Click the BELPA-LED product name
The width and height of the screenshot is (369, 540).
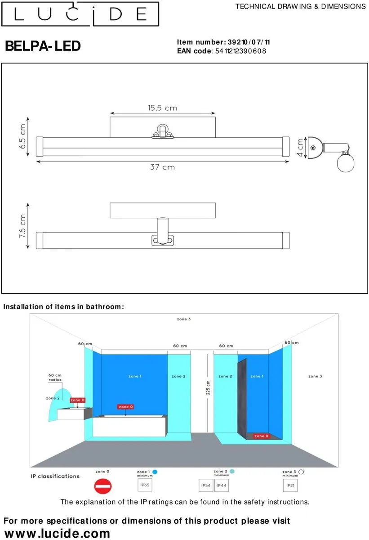pos(43,46)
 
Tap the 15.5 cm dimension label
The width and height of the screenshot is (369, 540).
pos(162,108)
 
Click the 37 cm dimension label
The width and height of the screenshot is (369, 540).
pos(162,167)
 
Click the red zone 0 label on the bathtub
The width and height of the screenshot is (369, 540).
pos(125,407)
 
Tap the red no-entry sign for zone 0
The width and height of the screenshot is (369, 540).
pos(102,486)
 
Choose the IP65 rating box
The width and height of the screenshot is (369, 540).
pos(145,485)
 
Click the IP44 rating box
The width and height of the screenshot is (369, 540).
pos(222,485)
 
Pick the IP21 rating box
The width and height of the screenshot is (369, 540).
pos(290,485)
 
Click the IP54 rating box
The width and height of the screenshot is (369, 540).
pos(206,485)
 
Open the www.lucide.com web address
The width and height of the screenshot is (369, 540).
pos(57,533)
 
